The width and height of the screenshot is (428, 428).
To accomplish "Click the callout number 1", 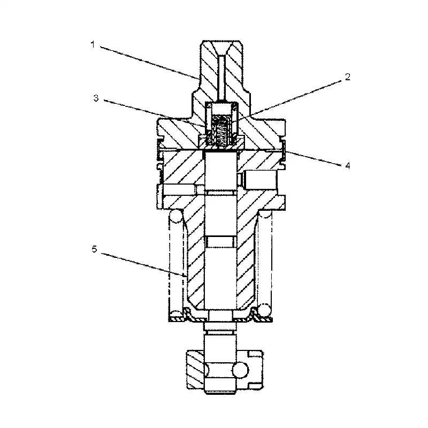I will (92, 45).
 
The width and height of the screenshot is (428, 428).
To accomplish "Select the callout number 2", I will (347, 77).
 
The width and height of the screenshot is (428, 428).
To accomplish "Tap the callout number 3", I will (96, 98).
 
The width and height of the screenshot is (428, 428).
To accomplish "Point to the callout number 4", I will (347, 165).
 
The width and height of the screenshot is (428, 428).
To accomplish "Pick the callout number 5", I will (94, 249).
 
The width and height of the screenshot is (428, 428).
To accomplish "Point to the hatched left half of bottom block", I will (194, 370).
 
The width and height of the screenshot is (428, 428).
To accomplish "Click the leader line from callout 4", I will (316, 159).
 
